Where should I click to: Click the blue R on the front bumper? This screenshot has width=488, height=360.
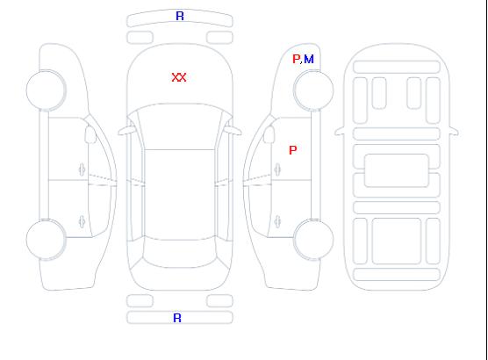coord(180,16)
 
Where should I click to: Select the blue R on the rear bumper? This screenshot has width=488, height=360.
coord(177,318)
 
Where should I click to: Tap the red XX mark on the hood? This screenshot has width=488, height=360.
coord(179,77)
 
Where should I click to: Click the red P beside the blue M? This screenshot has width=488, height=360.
coord(297,59)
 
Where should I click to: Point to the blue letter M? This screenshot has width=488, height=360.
coord(309,59)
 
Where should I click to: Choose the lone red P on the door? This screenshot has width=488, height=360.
coord(293,150)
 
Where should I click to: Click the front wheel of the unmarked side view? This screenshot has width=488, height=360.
coord(46,90)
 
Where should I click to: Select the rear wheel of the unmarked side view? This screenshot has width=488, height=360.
coord(46,240)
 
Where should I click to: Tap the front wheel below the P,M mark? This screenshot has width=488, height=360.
coord(313,90)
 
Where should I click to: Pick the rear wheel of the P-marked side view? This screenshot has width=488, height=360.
coord(313,239)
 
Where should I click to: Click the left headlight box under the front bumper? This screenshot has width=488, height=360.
coord(140,38)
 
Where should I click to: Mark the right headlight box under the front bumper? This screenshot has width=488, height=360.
coord(219,38)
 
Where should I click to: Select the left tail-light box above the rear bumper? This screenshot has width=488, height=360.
coord(140,301)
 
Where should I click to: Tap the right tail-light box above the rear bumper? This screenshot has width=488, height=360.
coord(219,301)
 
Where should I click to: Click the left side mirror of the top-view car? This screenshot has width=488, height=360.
coord(126,131)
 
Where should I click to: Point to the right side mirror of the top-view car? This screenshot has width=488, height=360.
coord(233,131)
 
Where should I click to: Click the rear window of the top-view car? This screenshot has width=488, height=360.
coord(180,253)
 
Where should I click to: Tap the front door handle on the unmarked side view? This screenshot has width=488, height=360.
coord(82,169)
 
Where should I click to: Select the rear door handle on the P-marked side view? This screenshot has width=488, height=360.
coord(277,222)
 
